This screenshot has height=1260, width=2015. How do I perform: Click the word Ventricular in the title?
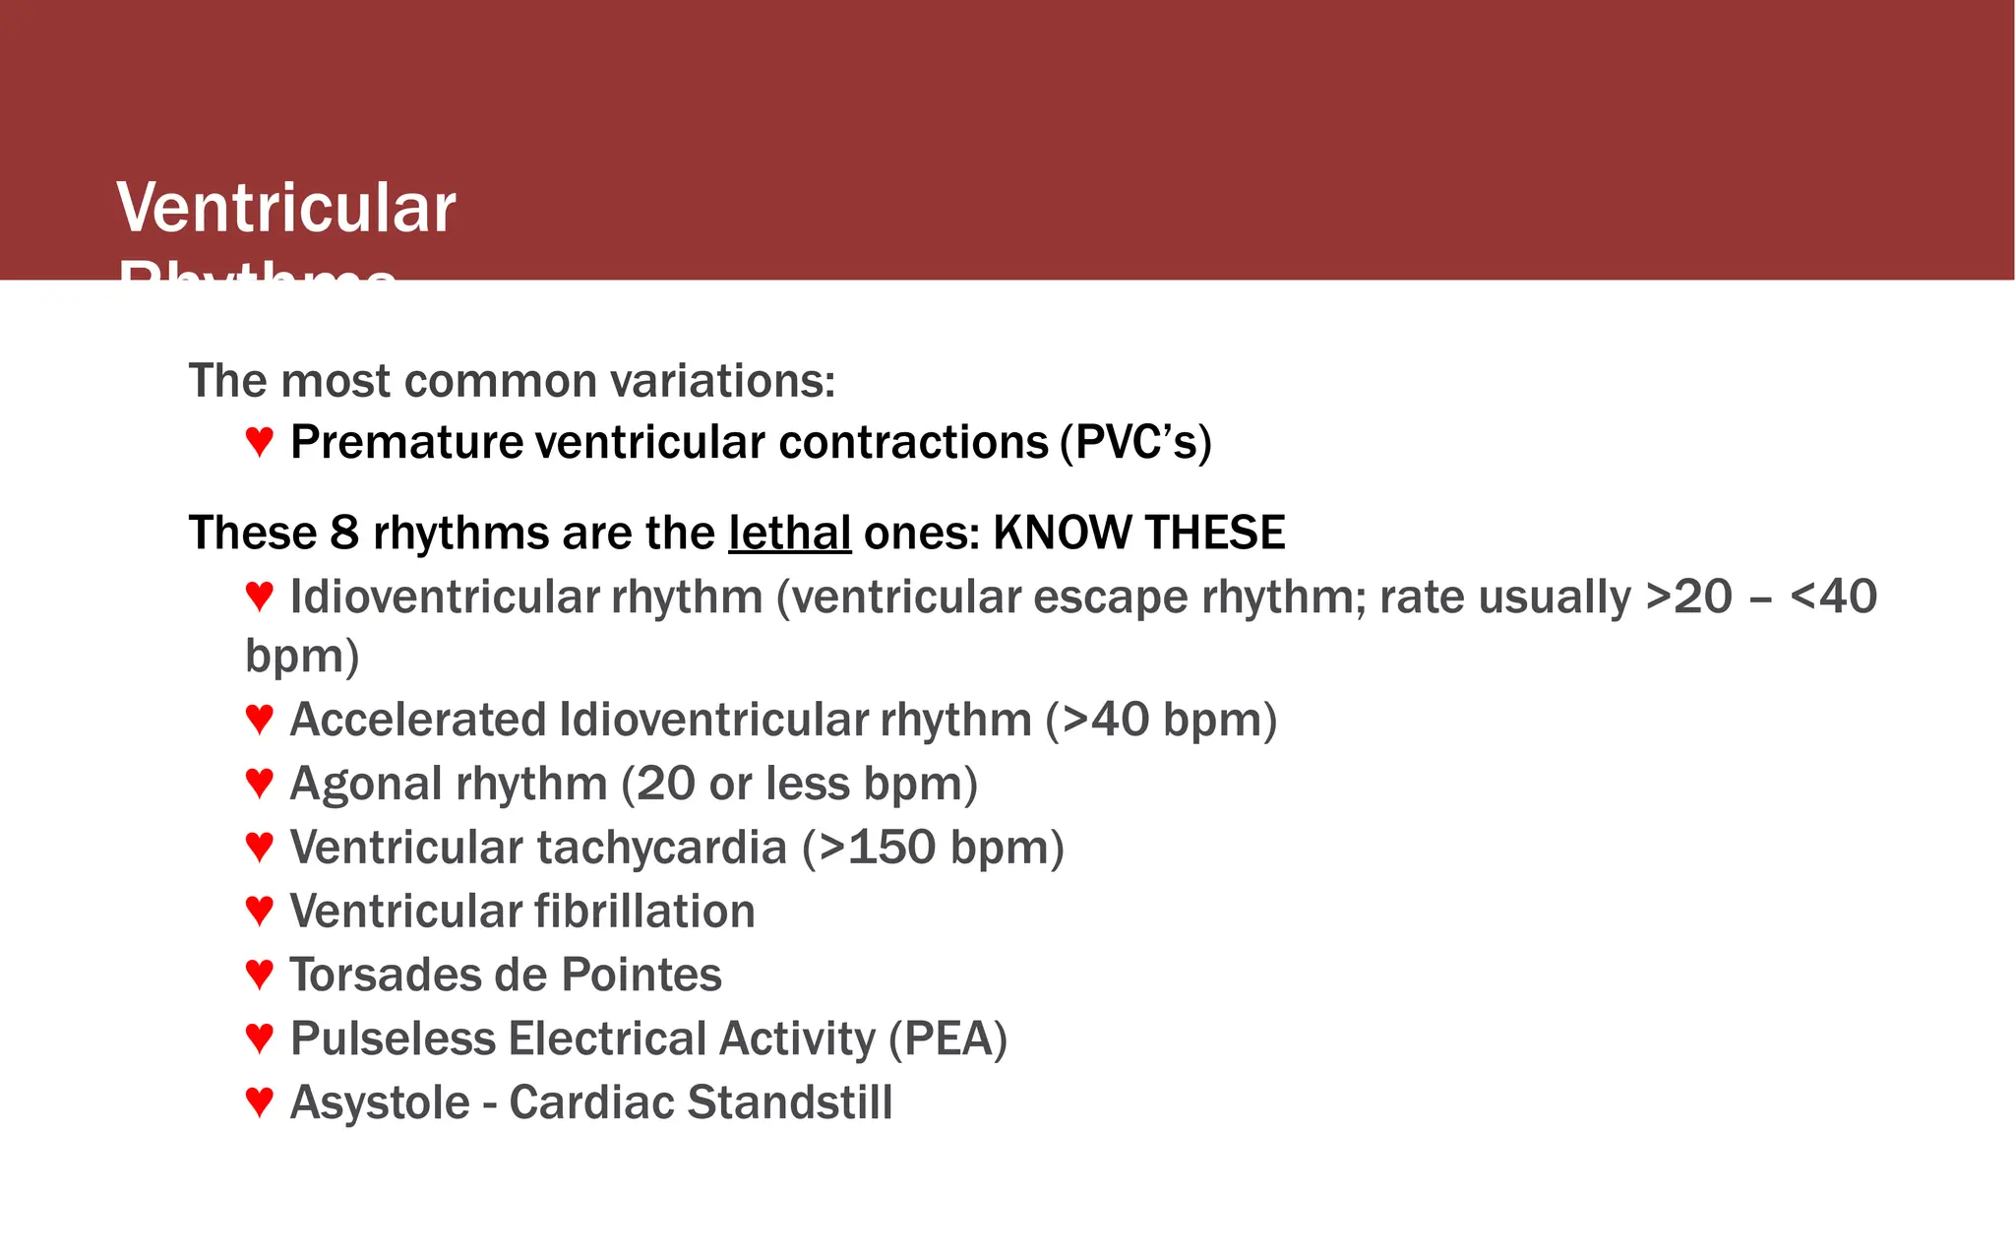tap(286, 209)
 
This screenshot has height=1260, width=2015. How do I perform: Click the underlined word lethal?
tap(789, 534)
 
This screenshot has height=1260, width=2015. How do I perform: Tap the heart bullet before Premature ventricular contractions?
tap(259, 441)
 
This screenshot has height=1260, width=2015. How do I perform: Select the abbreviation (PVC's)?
tap(1135, 442)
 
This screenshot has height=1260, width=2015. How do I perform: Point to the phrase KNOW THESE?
tap(1138, 534)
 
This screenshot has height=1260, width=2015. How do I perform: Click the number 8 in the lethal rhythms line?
tap(344, 534)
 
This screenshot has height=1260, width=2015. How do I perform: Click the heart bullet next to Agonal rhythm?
tap(259, 783)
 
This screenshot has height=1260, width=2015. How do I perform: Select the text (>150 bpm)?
tap(933, 848)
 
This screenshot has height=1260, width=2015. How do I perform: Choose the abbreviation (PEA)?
tap(947, 1039)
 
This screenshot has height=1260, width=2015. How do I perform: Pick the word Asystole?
tap(380, 1102)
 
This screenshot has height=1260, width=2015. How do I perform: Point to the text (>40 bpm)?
tap(1161, 720)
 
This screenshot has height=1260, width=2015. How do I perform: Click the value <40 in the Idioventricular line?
tap(1833, 597)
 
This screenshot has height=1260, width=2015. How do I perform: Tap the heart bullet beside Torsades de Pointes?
tap(259, 975)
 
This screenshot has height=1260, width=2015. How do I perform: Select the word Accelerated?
tap(418, 720)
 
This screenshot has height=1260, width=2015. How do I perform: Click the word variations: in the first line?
tap(722, 381)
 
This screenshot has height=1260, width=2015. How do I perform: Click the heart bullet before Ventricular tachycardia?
tap(259, 847)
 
